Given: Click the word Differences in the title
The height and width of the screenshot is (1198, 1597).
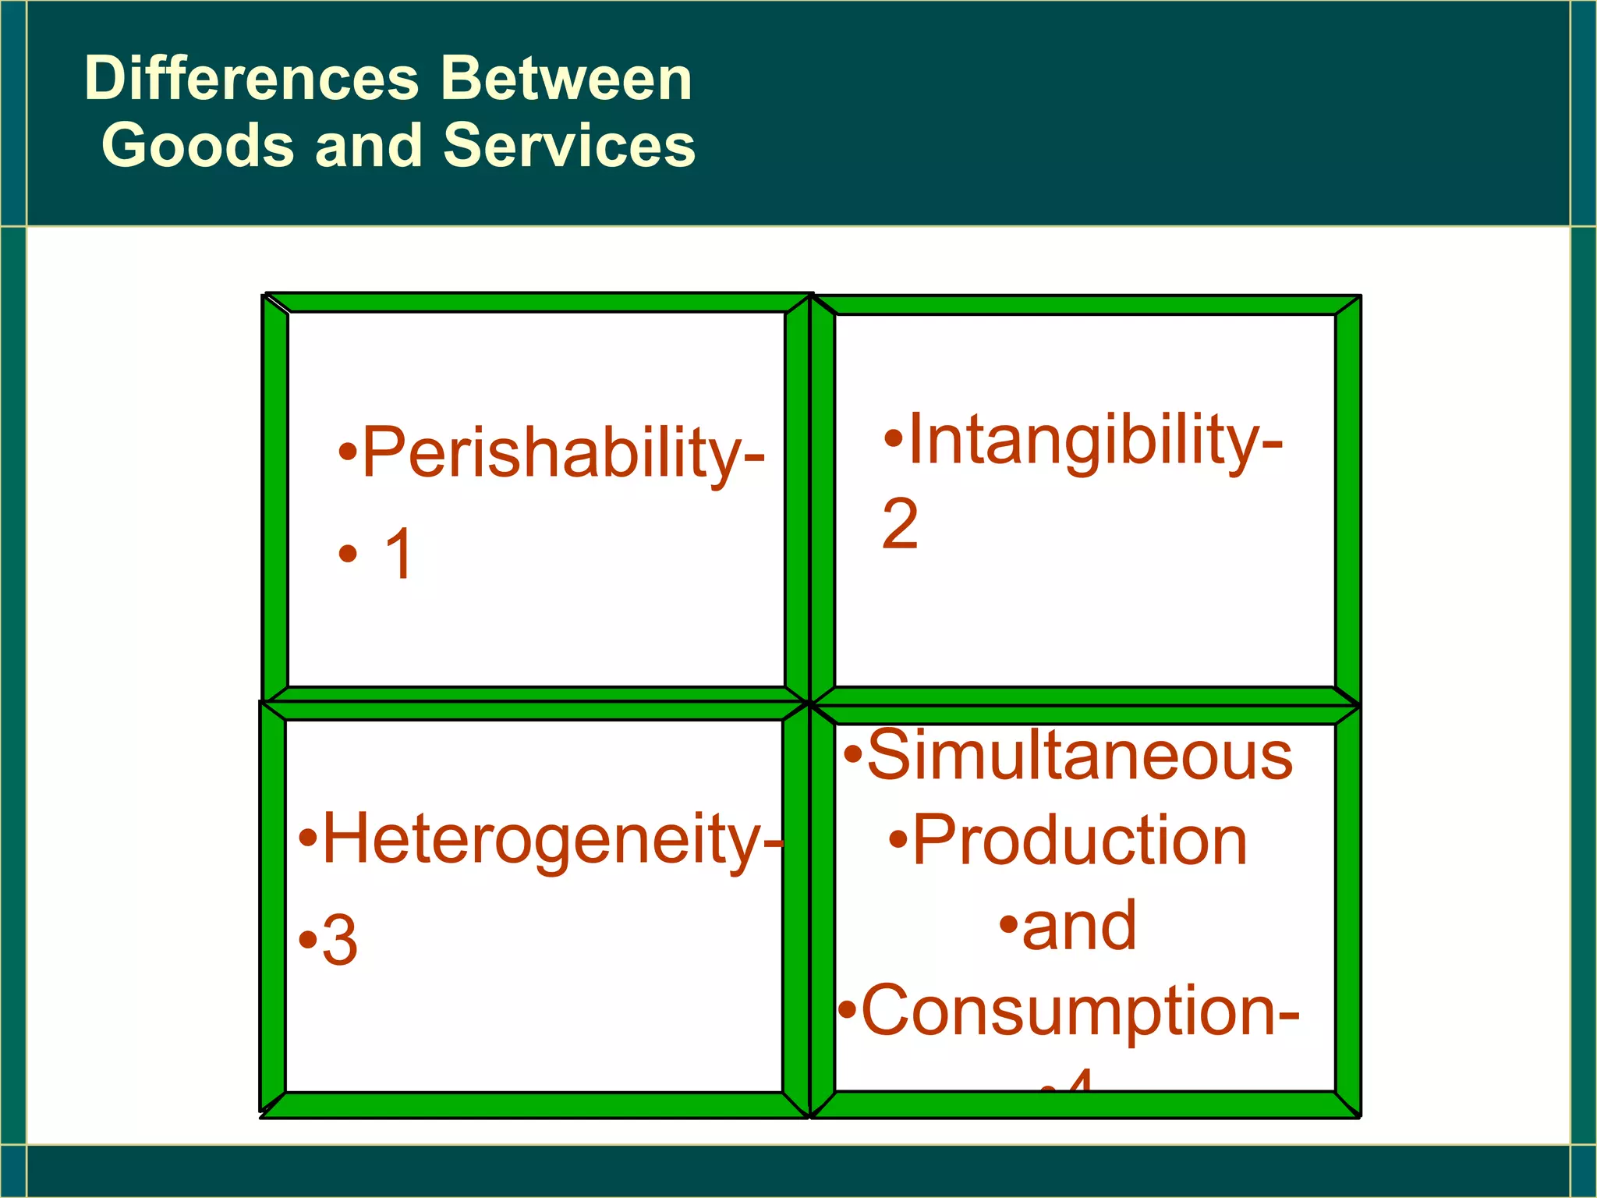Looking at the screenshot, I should (x=252, y=80).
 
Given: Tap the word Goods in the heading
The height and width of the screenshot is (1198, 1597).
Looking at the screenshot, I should (x=198, y=147).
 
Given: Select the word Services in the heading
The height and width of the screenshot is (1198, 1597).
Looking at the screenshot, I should (x=569, y=147).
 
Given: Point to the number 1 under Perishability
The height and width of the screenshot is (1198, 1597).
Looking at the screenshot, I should (x=399, y=555).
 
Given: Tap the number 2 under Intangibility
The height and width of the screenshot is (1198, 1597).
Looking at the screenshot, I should (x=900, y=525).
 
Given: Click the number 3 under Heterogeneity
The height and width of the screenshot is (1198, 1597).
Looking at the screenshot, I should (x=340, y=941).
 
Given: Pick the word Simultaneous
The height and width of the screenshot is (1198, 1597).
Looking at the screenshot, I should (x=1080, y=755).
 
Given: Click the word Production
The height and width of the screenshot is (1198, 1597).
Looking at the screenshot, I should (x=1080, y=841).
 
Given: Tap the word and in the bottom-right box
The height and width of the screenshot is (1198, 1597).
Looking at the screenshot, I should (x=1079, y=926).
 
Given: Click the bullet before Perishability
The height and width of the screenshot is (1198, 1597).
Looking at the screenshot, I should (x=348, y=452).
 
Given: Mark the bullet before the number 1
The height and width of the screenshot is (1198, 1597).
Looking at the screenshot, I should (x=348, y=555).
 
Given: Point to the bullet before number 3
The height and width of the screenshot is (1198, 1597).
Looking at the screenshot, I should (x=308, y=939).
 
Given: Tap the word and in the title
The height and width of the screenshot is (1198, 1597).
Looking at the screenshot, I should (x=368, y=147).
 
